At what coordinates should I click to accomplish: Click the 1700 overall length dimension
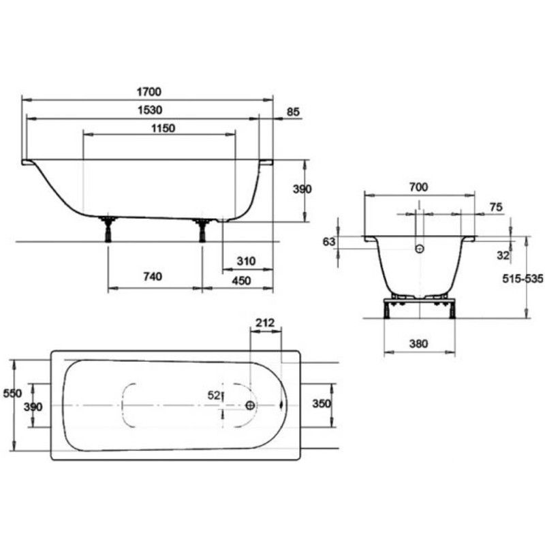coord(149,92)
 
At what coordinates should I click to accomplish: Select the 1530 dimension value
coord(150,110)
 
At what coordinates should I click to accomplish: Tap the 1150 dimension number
coord(163,128)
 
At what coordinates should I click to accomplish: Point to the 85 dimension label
coord(293,112)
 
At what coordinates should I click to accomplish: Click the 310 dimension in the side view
coord(246,261)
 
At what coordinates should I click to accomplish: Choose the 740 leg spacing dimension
coord(153,277)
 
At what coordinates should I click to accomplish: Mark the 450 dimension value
coord(241,281)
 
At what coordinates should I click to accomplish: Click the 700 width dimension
coord(418,187)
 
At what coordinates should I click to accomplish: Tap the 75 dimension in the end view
coord(496,207)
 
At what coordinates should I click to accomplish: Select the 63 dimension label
coord(329,242)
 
